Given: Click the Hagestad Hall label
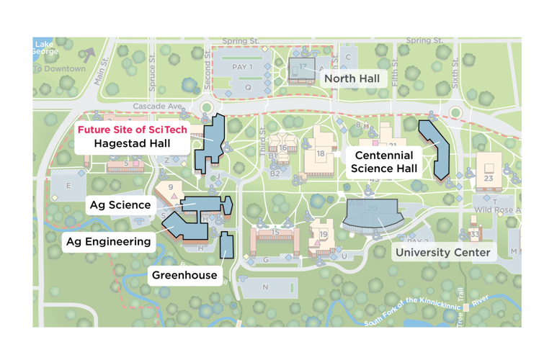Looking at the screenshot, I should point(132,143).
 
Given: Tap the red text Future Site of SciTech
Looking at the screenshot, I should point(132,130).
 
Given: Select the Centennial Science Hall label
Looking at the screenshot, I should point(383,162).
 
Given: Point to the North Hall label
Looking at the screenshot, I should point(351,78).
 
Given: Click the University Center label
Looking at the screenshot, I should point(442,252).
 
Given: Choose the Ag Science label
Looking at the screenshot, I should point(120,205).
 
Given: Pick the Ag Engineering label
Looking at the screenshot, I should point(109,241).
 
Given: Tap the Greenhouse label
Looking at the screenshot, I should point(184,275).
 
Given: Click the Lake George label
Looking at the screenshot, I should point(43,48).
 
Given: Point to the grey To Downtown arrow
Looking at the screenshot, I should point(88,55).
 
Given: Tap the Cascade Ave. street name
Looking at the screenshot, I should point(157,107).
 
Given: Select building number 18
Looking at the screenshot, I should point(321,154).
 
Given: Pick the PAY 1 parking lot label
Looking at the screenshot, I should point(243,67).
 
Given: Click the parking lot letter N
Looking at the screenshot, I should point(265,287).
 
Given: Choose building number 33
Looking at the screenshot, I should point(474,235).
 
